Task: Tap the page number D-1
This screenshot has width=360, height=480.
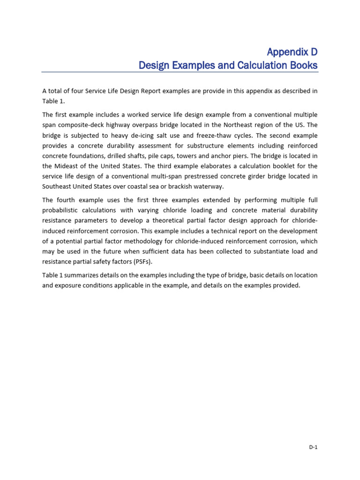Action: click(313, 447)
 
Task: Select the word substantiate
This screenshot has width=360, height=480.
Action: click(267, 252)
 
